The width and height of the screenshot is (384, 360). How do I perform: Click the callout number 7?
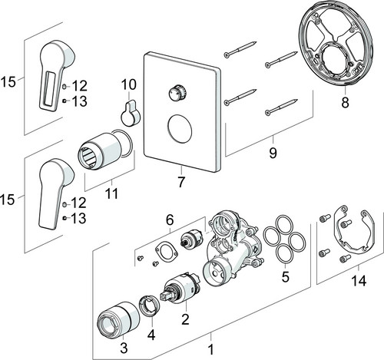click(x=180, y=182)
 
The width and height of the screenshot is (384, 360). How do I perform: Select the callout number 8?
click(x=345, y=103)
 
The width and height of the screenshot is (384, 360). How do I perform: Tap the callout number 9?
click(x=273, y=153)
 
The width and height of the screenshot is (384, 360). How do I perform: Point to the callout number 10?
click(x=129, y=84)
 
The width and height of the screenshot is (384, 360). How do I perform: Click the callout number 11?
click(x=112, y=193)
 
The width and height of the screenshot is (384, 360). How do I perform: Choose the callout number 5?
click(x=285, y=276)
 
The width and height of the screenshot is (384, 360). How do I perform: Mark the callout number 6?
click(x=170, y=220)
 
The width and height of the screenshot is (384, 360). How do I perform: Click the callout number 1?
click(x=210, y=349)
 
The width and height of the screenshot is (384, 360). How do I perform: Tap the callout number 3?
click(x=124, y=348)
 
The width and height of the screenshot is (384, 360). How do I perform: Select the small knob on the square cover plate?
click(x=177, y=94)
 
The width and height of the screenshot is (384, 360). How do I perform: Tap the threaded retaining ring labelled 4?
click(x=149, y=306)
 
